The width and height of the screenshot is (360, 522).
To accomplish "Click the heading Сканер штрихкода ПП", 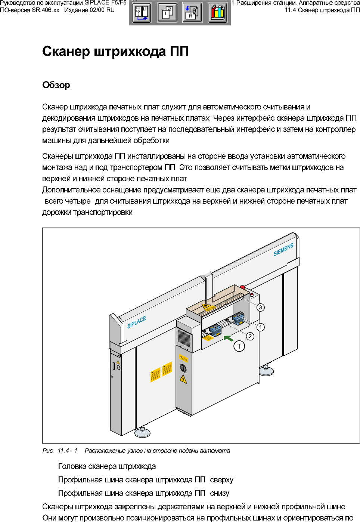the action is tap(115, 52).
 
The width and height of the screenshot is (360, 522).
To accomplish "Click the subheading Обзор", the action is tap(56, 85).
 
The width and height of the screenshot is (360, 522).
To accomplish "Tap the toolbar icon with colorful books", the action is tap(218, 13).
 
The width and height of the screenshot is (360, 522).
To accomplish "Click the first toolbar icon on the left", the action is tap(142, 13).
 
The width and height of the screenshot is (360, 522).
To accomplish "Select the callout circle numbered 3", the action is tap(260, 308).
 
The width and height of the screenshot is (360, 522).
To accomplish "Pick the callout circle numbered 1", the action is tap(260, 327).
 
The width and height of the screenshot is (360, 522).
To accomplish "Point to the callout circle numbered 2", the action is tap(250, 336).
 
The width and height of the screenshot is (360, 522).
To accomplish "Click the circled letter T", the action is tap(239, 346).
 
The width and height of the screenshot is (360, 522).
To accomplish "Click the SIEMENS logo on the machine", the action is tap(283, 250).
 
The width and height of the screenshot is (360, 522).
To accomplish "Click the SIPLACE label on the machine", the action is tap(137, 322).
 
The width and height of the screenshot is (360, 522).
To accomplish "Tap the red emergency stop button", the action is tap(243, 287).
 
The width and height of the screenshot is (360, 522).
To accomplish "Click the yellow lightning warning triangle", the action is tap(183, 379).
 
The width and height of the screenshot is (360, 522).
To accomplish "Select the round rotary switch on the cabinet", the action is tap(183, 368).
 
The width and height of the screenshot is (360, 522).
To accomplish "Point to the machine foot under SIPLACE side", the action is tap(143, 432).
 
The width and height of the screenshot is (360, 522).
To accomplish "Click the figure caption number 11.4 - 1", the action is tap(68, 451).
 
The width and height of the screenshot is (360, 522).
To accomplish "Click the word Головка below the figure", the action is tap(71, 466).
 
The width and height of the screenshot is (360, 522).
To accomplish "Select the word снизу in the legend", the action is tap(220, 493).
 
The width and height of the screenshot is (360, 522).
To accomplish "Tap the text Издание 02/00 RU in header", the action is tap(89, 10).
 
